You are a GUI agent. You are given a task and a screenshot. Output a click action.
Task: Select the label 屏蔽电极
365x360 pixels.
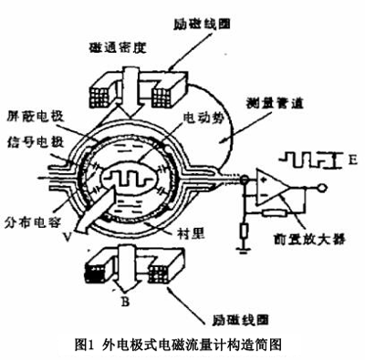coord(31,128)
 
